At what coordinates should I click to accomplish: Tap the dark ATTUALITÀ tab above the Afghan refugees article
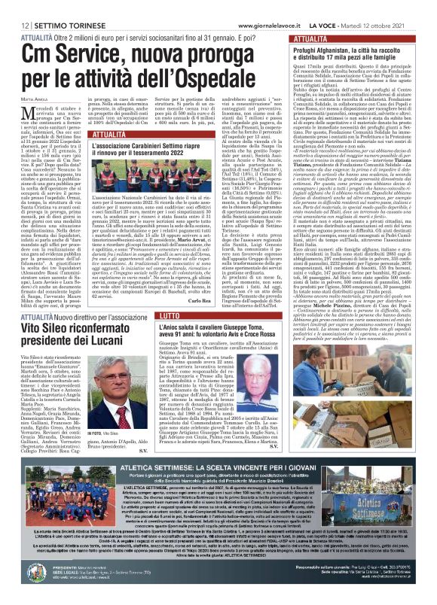pyautogui.click(x=311, y=39)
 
